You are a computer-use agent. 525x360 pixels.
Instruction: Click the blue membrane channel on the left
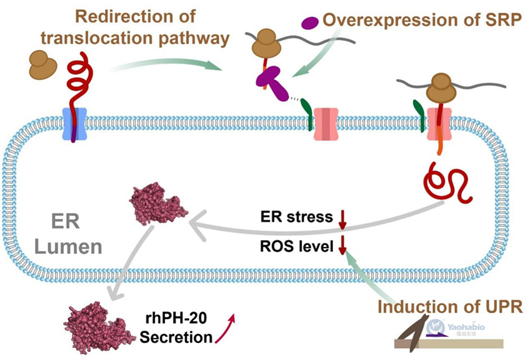(x=74, y=124)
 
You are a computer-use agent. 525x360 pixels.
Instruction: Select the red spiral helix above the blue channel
(x=78, y=81)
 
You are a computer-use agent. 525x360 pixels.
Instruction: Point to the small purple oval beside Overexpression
(x=309, y=22)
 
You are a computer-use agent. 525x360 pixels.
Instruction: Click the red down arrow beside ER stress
(x=342, y=219)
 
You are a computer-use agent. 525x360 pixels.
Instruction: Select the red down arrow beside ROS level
(x=342, y=245)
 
